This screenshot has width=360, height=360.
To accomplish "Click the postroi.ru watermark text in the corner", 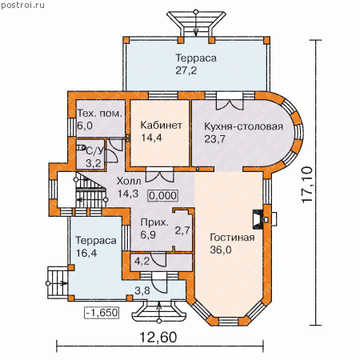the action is (x=22, y=5).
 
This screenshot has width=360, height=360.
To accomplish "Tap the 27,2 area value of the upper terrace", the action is (x=186, y=70).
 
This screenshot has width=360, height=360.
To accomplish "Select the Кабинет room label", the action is (x=162, y=125).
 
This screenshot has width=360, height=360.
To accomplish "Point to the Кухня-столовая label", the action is (x=243, y=126).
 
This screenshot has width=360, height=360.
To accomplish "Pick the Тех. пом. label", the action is (x=100, y=114).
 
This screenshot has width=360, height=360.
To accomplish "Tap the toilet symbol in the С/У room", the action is (x=81, y=148).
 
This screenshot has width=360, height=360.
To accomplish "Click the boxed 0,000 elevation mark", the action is (x=162, y=196).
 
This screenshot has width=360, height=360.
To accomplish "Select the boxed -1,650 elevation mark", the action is (x=102, y=313).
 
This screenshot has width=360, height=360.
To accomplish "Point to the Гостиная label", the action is (x=232, y=237).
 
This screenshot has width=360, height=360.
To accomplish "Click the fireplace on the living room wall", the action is (x=258, y=219).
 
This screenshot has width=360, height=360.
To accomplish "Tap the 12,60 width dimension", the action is (x=158, y=337).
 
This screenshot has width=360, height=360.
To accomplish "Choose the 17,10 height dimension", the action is (x=307, y=185).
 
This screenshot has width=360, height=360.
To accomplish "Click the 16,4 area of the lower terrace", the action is (x=86, y=253).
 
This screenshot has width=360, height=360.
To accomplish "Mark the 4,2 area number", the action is (x=142, y=262).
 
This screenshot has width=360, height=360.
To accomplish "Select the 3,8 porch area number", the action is (x=142, y=290).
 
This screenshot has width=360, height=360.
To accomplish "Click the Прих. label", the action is (x=154, y=223).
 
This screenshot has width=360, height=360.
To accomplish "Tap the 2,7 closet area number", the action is (x=182, y=230).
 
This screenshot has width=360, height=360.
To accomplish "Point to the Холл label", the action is (x=129, y=181).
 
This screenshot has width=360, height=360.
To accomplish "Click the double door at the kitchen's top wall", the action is (x=230, y=102).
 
